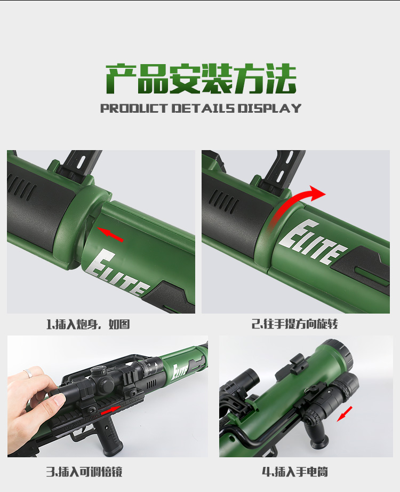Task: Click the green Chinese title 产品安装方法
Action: tap(201, 79)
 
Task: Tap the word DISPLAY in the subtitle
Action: tap(269, 108)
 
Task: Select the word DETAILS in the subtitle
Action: tap(203, 108)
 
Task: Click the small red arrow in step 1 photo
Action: tap(110, 234)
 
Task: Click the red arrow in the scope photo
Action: tap(110, 410)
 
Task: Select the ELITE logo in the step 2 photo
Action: tap(313, 242)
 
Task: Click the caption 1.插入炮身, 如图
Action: tap(88, 324)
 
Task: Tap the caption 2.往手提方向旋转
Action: tap(295, 324)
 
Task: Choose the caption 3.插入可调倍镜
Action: tap(84, 472)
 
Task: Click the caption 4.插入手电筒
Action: tap(295, 472)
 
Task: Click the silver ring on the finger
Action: tap(28, 373)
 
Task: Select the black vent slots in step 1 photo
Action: tap(22, 188)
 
